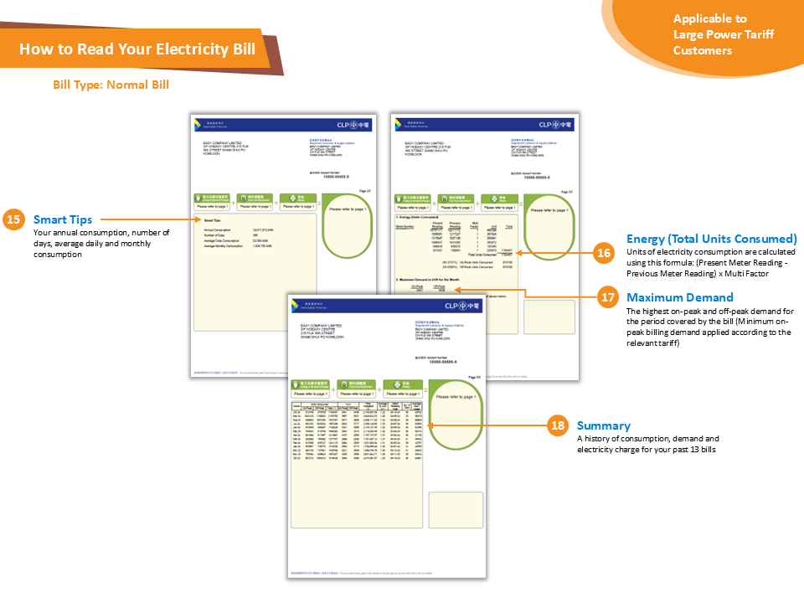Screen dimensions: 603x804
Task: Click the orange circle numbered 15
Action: coord(14,220)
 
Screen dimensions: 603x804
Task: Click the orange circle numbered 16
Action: coord(605,253)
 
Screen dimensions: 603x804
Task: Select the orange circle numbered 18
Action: coord(558,425)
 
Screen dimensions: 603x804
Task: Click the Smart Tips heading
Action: coord(63,220)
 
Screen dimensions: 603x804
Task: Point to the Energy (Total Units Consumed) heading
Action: coord(711,239)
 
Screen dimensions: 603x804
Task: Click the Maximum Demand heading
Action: coord(679,297)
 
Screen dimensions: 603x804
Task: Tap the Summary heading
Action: coord(603,425)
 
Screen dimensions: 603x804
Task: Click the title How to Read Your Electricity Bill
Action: coord(137,49)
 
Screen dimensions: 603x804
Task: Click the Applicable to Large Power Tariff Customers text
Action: coord(710,34)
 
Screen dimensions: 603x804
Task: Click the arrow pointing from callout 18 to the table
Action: coord(486,425)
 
